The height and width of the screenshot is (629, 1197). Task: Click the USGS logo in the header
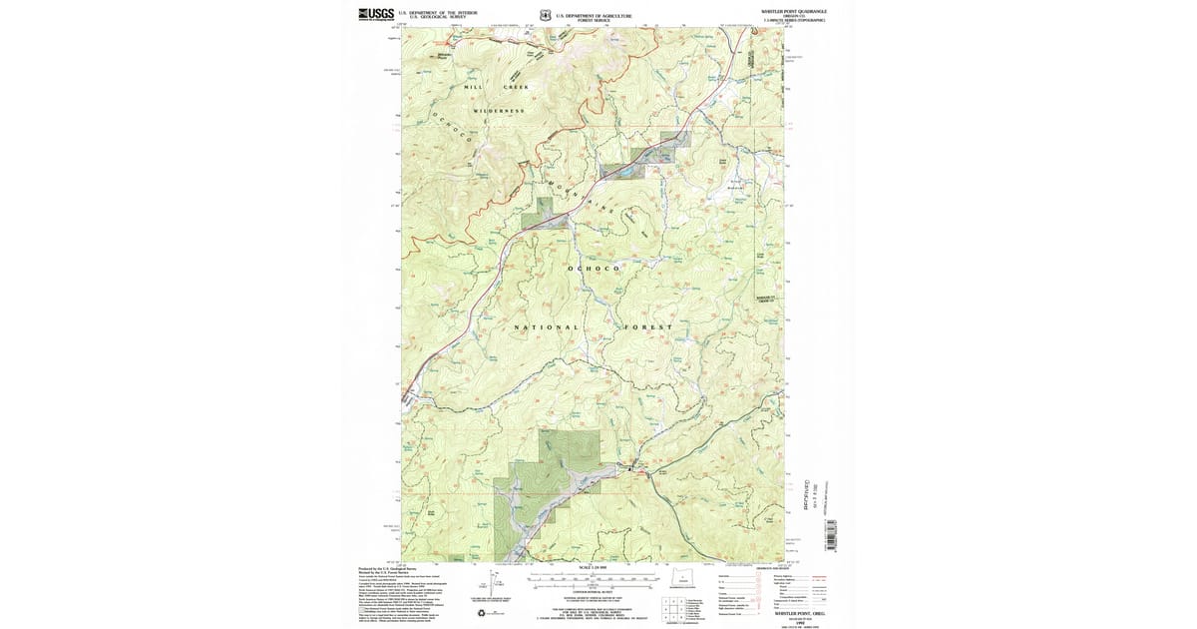(376, 14)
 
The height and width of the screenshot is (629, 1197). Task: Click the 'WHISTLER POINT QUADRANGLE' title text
(794, 11)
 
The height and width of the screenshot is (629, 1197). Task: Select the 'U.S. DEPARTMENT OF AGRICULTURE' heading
(595, 15)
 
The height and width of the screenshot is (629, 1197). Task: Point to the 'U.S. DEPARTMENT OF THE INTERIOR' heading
(438, 12)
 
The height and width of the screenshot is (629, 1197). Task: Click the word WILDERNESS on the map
(500, 111)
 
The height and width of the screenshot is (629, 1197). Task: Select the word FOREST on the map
(649, 327)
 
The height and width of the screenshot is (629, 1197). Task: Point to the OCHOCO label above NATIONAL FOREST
(594, 269)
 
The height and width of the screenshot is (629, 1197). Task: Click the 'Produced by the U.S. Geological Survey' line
(384, 568)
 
